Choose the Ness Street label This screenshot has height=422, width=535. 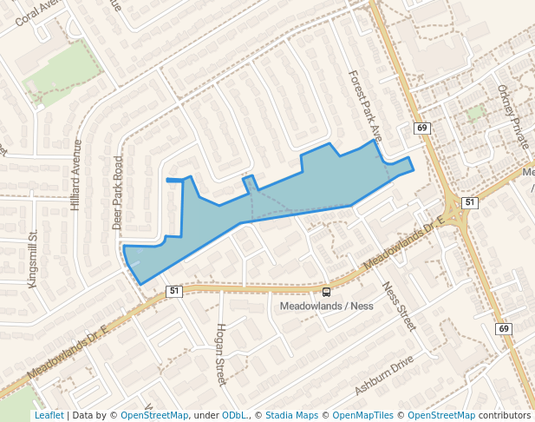(x=400, y=306)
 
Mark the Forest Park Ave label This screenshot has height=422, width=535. (x=364, y=107)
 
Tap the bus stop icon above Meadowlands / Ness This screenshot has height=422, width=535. (x=326, y=293)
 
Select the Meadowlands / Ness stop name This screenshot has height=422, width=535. (x=326, y=307)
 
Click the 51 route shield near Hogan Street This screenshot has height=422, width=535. (x=174, y=291)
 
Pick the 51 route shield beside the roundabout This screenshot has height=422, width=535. (x=469, y=202)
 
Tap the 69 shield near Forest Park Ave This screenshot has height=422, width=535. (x=422, y=128)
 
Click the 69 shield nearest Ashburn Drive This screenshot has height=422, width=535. (x=503, y=329)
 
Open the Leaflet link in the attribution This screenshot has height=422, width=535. (x=49, y=415)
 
